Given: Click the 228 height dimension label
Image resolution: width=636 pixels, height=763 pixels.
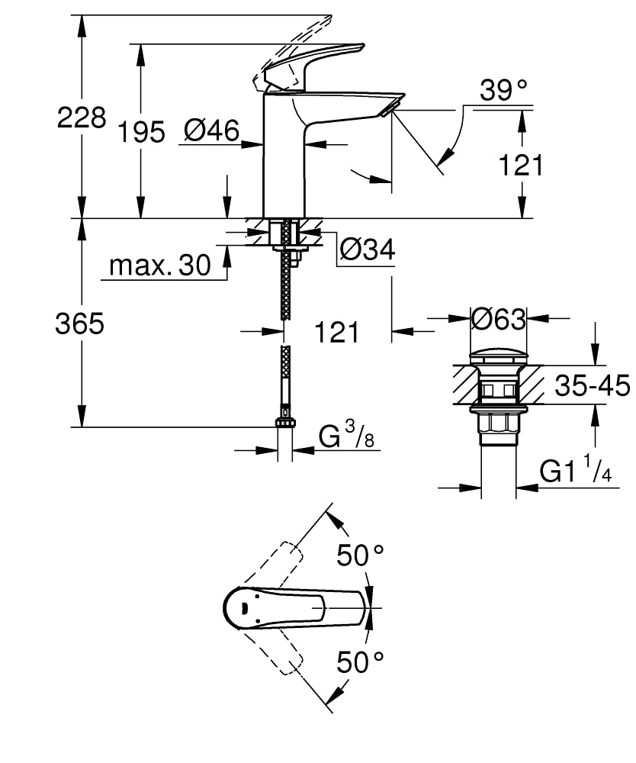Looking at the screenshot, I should click(x=82, y=118).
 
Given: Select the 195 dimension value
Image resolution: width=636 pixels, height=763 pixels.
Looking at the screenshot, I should click(x=141, y=132).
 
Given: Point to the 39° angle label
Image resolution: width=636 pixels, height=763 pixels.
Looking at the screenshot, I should click(x=504, y=91).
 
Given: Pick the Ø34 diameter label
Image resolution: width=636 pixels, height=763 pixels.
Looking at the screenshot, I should click(x=368, y=250).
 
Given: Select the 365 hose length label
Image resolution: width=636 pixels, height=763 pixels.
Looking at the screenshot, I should click(x=79, y=324).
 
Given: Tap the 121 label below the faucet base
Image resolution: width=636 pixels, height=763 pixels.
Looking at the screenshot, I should click(x=336, y=332).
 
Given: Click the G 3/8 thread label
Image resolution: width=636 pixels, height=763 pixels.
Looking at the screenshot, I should click(x=347, y=438).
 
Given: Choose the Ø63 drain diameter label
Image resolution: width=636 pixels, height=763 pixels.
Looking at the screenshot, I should click(x=499, y=319).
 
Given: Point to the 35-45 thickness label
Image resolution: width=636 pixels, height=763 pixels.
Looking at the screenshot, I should click(x=592, y=387).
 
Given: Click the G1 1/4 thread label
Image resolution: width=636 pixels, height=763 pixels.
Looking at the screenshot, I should click(x=576, y=472).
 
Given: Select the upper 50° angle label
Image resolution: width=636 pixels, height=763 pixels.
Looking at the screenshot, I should click(x=361, y=555).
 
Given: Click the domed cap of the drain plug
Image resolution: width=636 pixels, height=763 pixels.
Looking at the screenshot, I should click(x=499, y=356).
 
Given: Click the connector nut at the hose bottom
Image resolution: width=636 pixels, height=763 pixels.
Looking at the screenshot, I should click(x=285, y=422).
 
